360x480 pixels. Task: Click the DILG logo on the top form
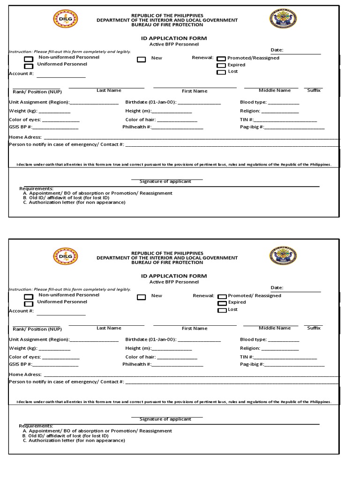(66, 19)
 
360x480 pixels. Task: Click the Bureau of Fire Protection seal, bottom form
(283, 256)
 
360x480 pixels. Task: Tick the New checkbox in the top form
(141, 59)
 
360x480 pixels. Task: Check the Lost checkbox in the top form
(221, 72)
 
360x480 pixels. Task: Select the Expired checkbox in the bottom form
(221, 303)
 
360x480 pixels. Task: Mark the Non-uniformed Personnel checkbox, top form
(29, 59)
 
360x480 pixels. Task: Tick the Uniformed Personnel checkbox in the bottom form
(29, 303)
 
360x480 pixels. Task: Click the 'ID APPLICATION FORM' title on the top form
(174, 38)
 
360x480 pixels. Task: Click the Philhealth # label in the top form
(137, 127)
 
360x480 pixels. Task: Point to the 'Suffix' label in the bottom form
(314, 328)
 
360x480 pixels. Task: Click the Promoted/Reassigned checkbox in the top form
(221, 59)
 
